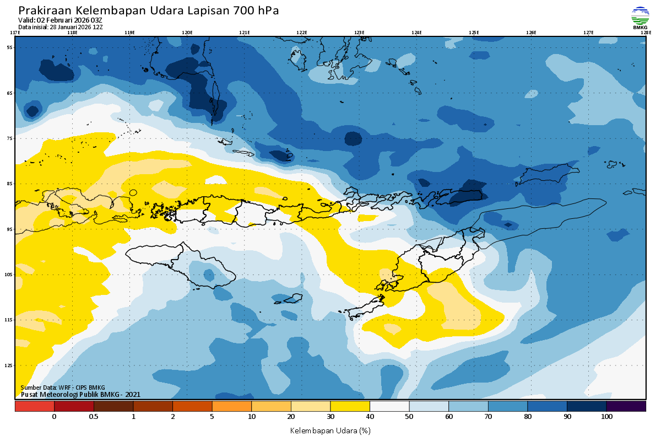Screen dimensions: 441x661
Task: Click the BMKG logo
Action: (640, 17)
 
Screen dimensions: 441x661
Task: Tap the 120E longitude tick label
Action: (187, 33)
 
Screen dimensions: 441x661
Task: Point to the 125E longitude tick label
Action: (474, 33)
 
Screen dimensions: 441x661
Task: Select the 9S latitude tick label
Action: (9, 229)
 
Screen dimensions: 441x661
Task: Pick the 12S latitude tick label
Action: (9, 365)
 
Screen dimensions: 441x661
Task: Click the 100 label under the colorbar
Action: (606, 417)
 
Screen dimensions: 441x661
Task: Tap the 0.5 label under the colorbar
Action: (94, 417)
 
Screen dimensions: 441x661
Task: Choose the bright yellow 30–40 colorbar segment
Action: (350, 406)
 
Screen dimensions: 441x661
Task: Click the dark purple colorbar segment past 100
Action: (626, 406)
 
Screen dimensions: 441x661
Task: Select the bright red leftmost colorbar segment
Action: (34, 406)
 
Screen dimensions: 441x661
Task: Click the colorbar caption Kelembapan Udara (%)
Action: (330, 430)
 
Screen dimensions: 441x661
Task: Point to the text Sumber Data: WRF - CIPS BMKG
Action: (62, 388)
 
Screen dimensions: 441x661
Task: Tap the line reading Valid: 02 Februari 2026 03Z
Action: (60, 20)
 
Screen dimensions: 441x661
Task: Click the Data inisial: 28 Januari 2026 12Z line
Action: (60, 26)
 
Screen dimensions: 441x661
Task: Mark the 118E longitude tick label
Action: (72, 33)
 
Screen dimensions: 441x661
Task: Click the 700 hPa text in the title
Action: (256, 11)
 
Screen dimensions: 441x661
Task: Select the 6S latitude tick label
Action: (9, 93)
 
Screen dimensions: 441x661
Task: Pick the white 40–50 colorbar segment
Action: (389, 406)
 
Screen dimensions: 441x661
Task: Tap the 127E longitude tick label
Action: (588, 33)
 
